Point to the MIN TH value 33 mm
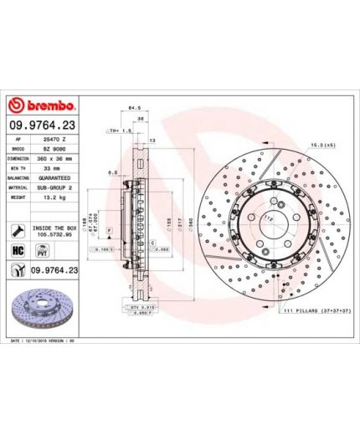54,167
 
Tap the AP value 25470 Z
54,136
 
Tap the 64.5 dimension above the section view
133,107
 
